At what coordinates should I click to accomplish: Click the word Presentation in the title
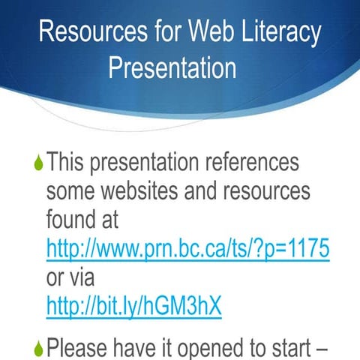(172, 68)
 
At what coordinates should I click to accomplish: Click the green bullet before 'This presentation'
(39, 163)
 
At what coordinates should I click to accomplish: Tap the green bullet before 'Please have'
(39, 348)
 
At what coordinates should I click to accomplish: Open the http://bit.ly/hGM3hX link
(134, 306)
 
